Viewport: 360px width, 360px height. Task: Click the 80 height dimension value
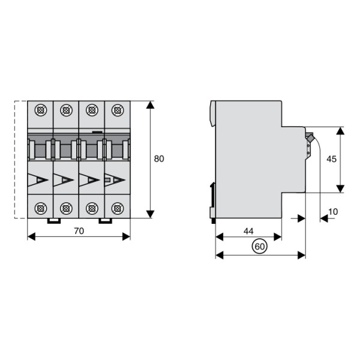[x=159, y=159]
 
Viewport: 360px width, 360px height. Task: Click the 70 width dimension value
[x=79, y=230]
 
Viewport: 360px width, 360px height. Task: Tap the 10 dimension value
[x=334, y=212]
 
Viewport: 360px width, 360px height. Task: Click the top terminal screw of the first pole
[x=41, y=110]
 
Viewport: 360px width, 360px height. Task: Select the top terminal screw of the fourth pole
[x=118, y=110]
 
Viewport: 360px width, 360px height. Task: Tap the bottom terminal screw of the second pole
[x=66, y=208]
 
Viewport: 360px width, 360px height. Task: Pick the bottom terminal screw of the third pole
[x=92, y=208]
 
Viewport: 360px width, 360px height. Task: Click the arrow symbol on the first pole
[x=39, y=179]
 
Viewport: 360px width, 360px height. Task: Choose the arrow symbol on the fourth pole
[x=116, y=179]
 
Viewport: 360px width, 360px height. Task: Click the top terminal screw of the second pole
[x=66, y=110]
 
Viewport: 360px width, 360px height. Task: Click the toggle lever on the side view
[x=310, y=140]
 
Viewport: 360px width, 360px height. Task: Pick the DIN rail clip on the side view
[x=212, y=198]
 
